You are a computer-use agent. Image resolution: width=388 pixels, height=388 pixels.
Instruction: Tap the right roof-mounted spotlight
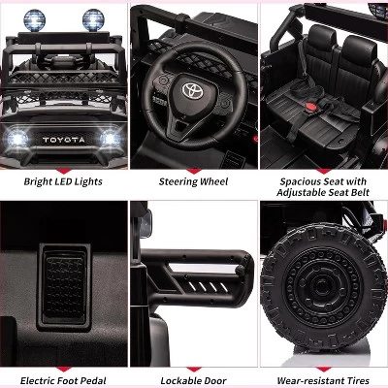pyautogui.click(x=94, y=17)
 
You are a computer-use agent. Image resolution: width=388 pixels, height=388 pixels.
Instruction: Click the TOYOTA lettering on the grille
pyautogui.click(x=64, y=139)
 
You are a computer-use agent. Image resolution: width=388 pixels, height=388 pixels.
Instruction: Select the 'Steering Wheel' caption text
pyautogui.click(x=193, y=179)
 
